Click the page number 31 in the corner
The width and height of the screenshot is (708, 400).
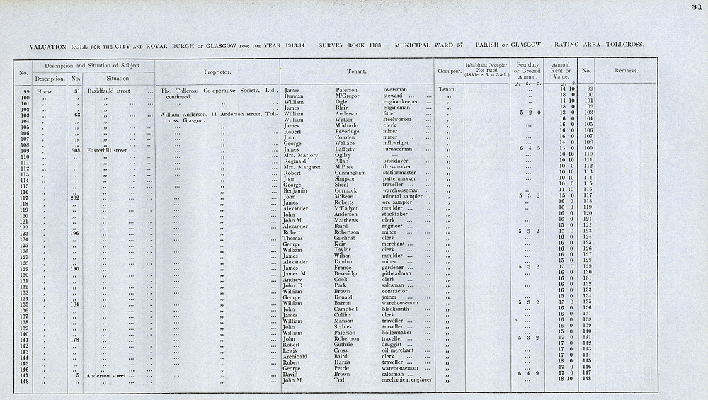pyautogui.click(x=697, y=7)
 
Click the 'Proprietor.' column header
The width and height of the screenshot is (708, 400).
pyautogui.click(x=217, y=72)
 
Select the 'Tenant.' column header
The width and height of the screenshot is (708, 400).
pyautogui.click(x=356, y=72)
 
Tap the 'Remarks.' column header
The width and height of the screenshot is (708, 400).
pyautogui.click(x=626, y=71)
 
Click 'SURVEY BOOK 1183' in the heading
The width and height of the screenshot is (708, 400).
pyautogui.click(x=351, y=45)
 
